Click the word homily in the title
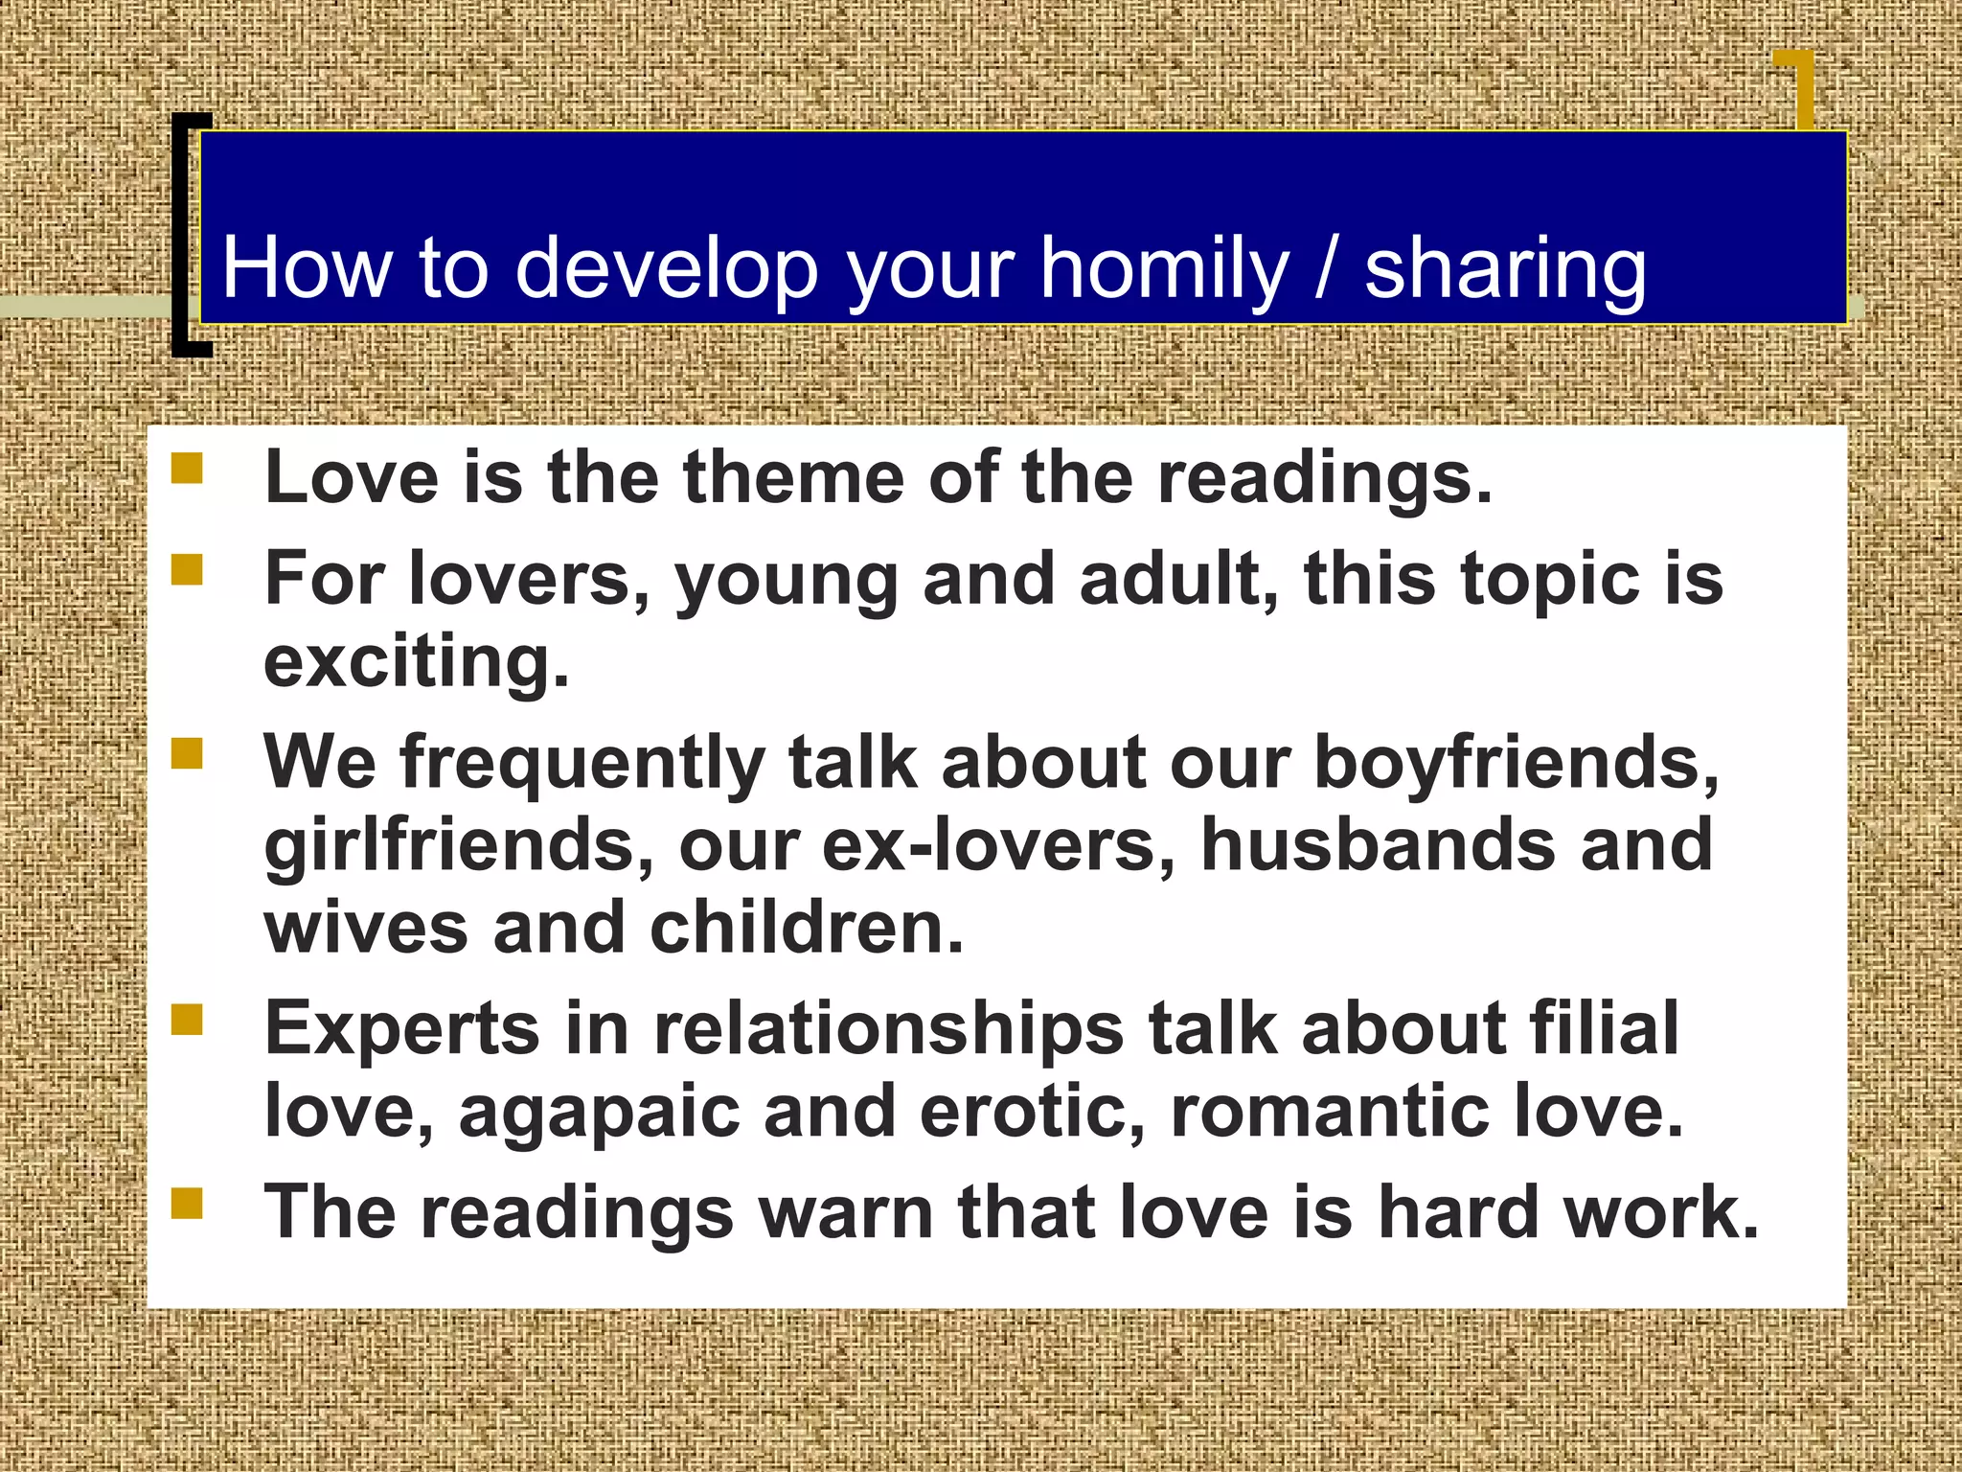tap(1165, 269)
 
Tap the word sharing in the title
tap(1505, 271)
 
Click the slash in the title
tap(1327, 269)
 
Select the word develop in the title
tap(667, 271)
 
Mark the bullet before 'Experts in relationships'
tap(187, 1020)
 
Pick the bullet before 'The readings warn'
tap(187, 1203)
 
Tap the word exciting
tap(417, 663)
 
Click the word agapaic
tap(599, 1112)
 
